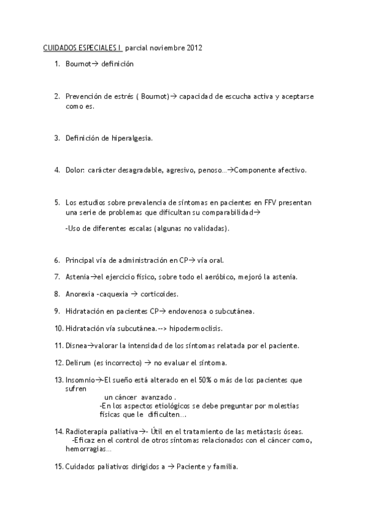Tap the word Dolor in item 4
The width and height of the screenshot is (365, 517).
pos(75,170)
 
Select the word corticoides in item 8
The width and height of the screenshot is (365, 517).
pos(159,294)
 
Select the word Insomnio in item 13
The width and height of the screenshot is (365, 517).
pos(80,380)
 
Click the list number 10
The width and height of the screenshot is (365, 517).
pos(58,328)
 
